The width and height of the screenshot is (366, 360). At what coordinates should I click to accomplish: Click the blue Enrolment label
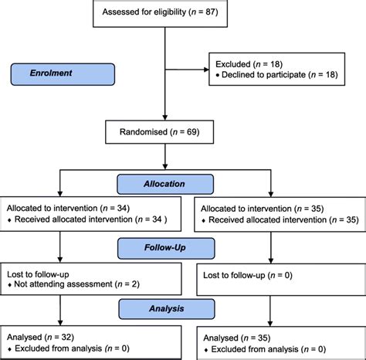click(63, 74)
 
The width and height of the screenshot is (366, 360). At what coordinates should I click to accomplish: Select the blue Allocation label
click(165, 184)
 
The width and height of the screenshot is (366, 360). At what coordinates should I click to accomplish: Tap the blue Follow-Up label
click(166, 248)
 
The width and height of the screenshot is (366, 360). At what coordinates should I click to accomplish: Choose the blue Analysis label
click(167, 309)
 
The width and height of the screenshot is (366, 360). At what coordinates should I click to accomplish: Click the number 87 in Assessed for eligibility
click(210, 12)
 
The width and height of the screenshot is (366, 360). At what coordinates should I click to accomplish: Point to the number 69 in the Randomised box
click(191, 132)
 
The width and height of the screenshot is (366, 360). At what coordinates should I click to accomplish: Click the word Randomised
click(144, 132)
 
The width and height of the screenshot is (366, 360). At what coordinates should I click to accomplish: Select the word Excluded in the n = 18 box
click(233, 64)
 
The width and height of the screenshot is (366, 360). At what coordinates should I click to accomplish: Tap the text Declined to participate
click(264, 75)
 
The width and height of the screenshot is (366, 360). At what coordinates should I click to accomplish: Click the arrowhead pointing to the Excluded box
click(206, 70)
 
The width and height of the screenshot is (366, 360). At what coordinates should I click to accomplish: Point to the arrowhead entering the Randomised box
click(165, 117)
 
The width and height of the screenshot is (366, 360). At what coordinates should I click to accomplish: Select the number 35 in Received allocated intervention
click(351, 219)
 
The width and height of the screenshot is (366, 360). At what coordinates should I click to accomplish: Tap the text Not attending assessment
click(63, 284)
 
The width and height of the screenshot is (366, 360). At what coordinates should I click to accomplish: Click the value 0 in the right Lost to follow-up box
click(287, 275)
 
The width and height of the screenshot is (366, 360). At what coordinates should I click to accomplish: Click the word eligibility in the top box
click(169, 12)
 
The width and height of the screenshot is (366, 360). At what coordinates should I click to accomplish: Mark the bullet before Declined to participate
click(218, 75)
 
